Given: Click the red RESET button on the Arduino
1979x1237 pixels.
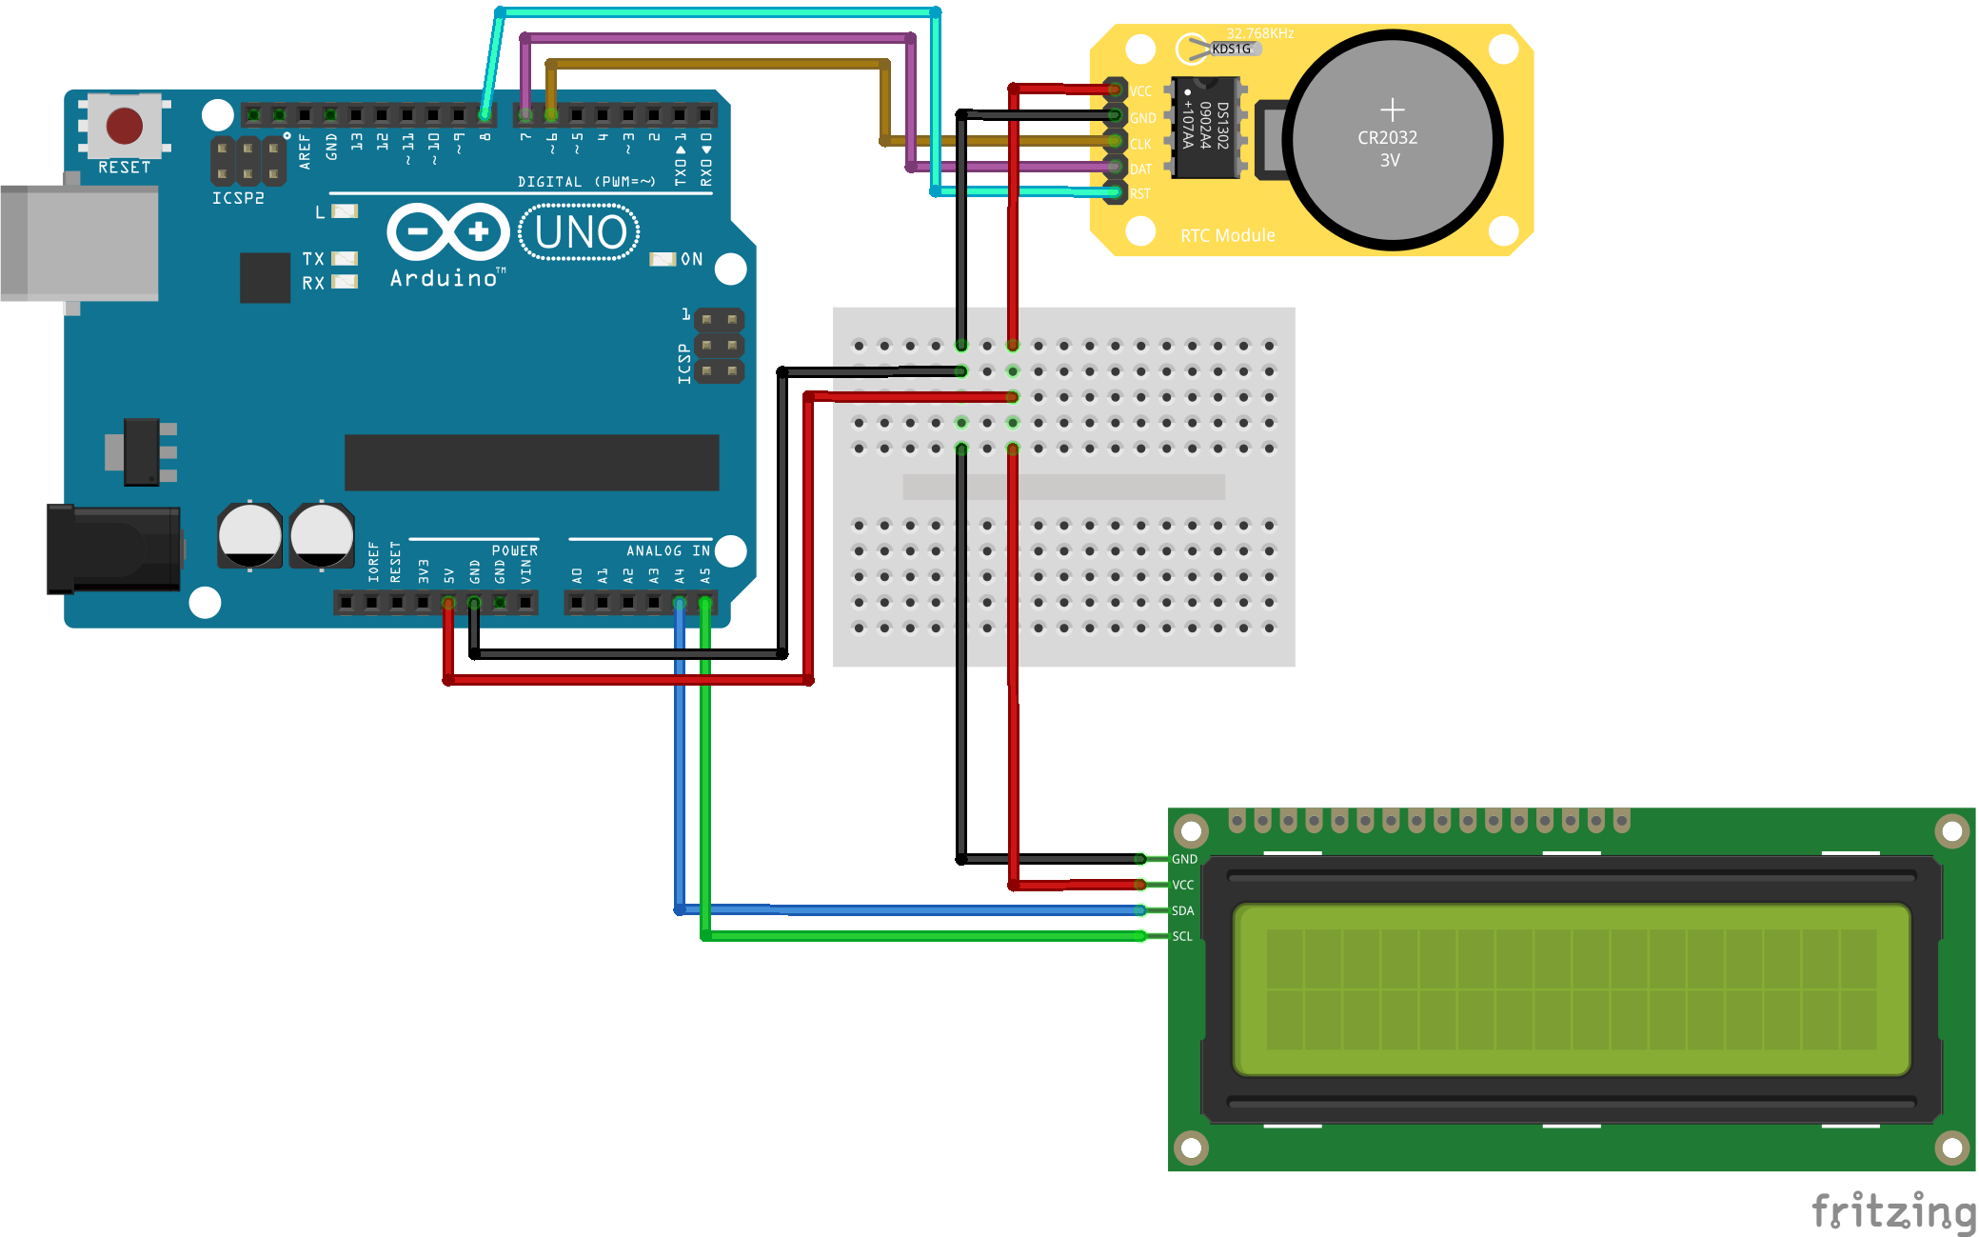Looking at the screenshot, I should tap(125, 125).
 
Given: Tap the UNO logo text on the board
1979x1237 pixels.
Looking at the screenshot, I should tap(580, 232).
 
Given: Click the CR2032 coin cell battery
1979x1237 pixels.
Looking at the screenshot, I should tap(1391, 141).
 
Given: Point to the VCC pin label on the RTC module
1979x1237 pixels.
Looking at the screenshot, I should tap(1140, 91).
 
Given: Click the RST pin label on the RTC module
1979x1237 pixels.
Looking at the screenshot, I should tap(1140, 193).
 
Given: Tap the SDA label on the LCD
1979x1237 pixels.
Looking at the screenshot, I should tap(1182, 910).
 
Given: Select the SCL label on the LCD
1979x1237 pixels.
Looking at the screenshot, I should tap(1182, 936).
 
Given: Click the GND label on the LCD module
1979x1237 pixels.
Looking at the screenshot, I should tap(1184, 859).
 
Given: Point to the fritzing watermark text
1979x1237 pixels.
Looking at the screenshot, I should tap(1892, 1211).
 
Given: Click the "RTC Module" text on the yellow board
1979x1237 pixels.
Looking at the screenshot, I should tap(1227, 235).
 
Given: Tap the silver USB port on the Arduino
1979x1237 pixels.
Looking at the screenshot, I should tap(80, 243).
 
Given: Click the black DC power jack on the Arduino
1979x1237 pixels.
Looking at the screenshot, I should tap(114, 549).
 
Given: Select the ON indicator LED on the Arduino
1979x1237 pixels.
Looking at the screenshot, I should tap(663, 259).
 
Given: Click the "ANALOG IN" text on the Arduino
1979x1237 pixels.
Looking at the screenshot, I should tap(667, 550).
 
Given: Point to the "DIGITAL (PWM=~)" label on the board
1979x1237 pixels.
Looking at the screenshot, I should tap(586, 181).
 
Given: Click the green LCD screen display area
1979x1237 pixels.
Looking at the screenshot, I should tap(1571, 989).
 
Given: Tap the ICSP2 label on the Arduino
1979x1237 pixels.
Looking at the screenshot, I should tap(238, 198).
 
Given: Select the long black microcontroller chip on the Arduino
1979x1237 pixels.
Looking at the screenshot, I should tap(531, 463).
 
